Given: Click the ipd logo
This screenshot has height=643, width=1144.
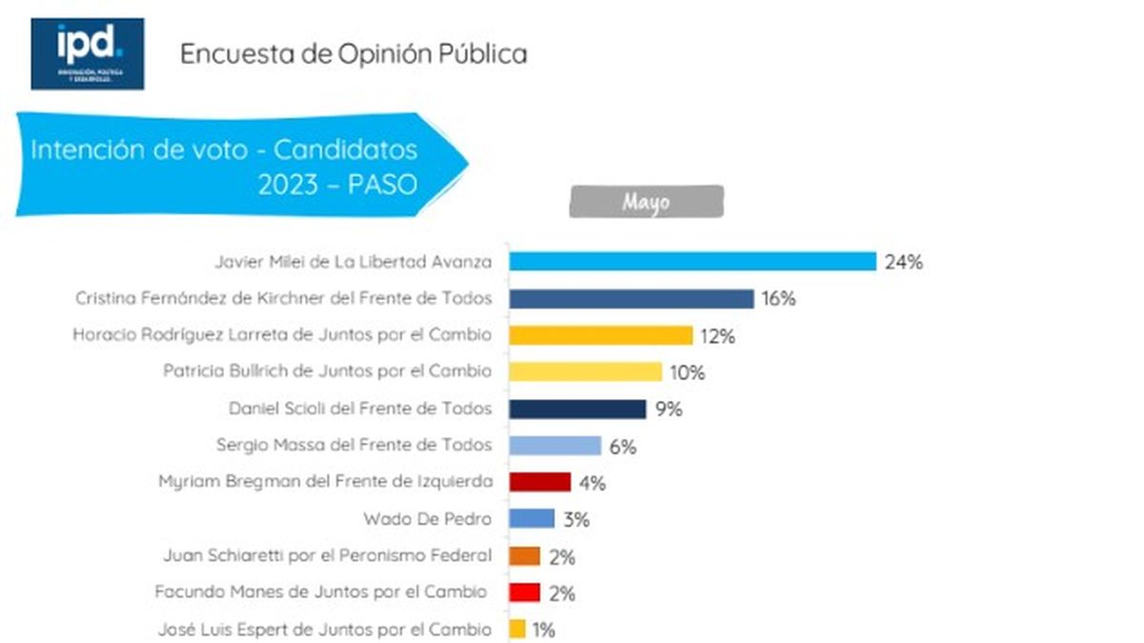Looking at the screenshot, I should point(87,53).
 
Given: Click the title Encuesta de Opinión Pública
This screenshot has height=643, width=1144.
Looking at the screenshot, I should point(354,53).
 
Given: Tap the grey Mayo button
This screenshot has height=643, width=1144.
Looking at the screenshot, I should point(646,202).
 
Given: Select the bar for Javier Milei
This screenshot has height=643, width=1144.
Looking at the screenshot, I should point(692,262).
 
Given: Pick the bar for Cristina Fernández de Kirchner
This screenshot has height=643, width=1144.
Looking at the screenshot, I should point(631,299).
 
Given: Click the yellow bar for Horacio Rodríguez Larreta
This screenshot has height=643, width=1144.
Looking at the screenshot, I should point(601,335).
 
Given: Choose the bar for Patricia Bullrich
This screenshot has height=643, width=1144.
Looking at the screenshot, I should point(585,372).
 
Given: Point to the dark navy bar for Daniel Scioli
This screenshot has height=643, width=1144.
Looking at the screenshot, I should point(578,409).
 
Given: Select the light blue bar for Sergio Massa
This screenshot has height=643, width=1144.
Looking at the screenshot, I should point(555,445).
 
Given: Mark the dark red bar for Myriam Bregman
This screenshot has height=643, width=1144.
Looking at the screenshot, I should point(540,482).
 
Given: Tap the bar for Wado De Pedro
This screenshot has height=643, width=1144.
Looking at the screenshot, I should point(532,519).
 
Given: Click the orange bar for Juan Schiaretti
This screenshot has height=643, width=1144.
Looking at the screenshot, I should point(524,556).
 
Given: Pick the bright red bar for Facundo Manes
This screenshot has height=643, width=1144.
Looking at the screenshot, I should point(524,593).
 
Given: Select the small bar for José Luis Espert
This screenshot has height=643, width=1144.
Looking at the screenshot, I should point(518,629).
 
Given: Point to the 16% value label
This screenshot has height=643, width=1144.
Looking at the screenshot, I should point(778,299).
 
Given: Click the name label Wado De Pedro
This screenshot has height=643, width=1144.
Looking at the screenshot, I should point(428,519).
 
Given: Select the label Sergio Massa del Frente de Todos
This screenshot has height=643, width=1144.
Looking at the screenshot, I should point(355,445).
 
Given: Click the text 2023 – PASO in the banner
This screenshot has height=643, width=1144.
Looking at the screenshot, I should point(337,184).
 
